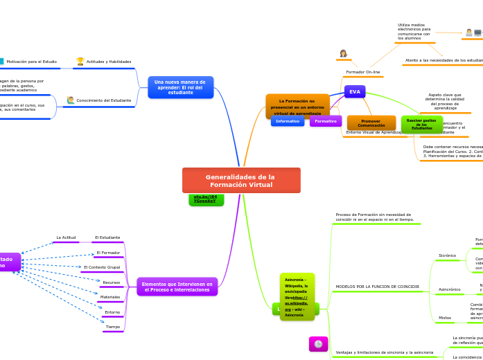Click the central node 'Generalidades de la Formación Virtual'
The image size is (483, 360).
click(241, 180)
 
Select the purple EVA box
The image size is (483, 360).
click(355, 91)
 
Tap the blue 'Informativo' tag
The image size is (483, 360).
click(288, 121)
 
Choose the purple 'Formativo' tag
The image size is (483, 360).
click(326, 121)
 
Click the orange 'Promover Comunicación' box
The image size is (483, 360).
click(371, 123)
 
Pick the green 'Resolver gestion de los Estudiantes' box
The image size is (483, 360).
click(421, 124)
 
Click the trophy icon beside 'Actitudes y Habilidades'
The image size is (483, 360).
click(80, 62)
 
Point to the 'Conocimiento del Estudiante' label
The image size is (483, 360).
click(103, 100)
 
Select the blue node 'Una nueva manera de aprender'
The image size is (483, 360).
click(180, 87)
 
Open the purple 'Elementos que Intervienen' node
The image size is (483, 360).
click(177, 287)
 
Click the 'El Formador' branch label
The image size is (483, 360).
click(108, 253)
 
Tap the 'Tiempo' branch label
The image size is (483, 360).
click(113, 326)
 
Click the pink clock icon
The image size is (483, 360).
click(318, 343)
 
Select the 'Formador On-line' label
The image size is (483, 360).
click(363, 72)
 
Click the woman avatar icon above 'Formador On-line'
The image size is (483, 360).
click(343, 53)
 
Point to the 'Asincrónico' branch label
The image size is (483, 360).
click(450, 289)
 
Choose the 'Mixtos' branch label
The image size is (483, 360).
click(445, 318)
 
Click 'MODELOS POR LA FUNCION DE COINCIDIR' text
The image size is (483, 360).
click(378, 287)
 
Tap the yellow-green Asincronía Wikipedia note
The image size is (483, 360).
click(297, 297)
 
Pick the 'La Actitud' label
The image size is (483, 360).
click(66, 237)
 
